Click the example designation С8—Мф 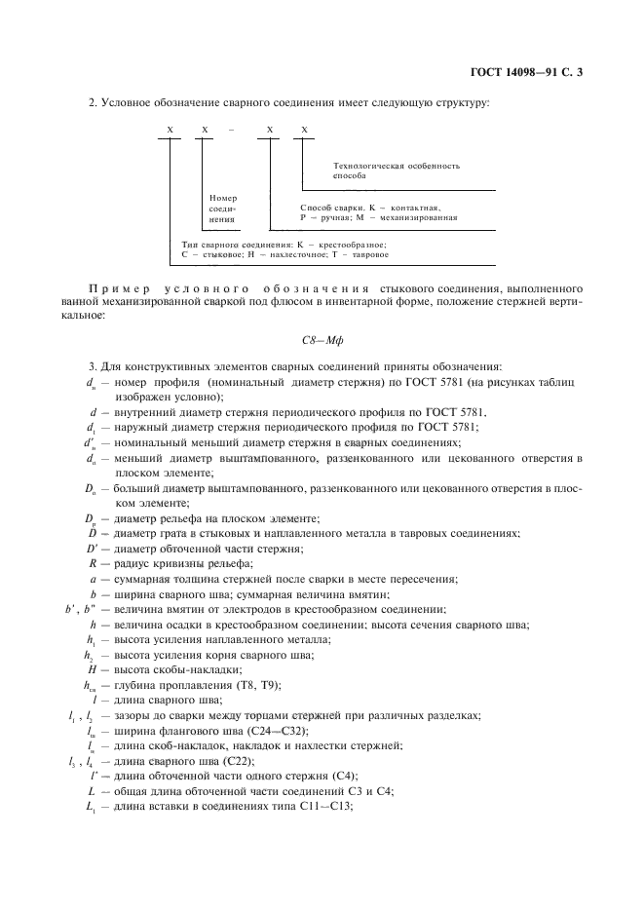pos(321,341)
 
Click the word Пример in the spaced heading pos(114,289)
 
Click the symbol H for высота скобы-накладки pos(92,670)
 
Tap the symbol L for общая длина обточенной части pos(92,791)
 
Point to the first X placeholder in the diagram pos(170,129)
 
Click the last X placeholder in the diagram pos(304,129)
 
